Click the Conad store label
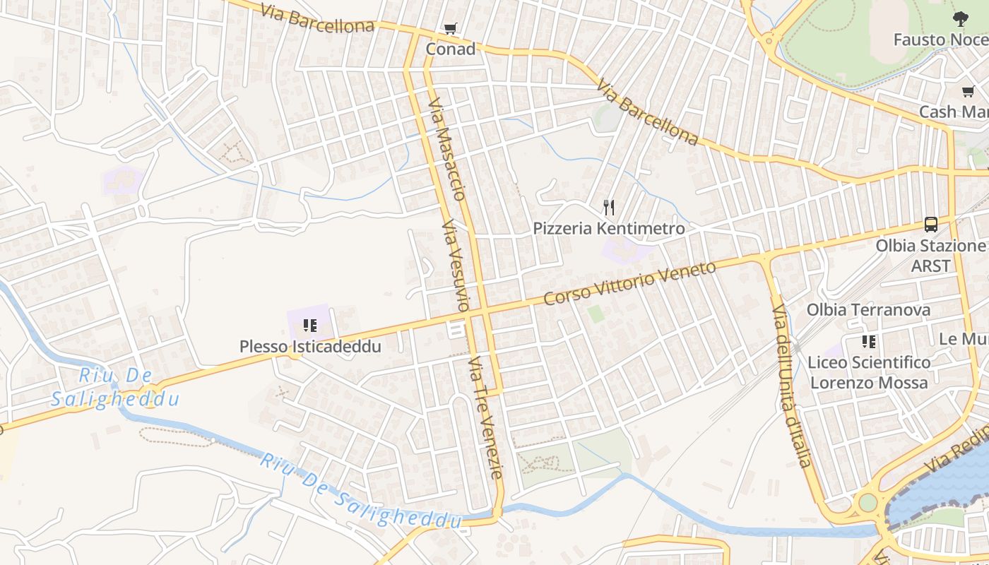[450, 49]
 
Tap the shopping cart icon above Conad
[450, 29]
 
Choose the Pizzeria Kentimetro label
[608, 229]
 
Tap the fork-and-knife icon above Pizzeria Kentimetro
[609, 208]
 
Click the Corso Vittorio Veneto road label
[629, 283]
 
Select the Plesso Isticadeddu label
[310, 347]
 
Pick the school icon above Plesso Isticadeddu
[309, 326]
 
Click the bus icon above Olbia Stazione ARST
[931, 225]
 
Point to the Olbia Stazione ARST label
[930, 255]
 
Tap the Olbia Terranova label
[868, 310]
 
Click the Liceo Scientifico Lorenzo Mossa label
[869, 372]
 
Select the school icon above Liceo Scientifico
[869, 342]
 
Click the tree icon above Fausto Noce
[960, 19]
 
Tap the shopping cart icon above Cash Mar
[969, 91]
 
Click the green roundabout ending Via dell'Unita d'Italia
[867, 503]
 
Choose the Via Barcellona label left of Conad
[317, 19]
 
